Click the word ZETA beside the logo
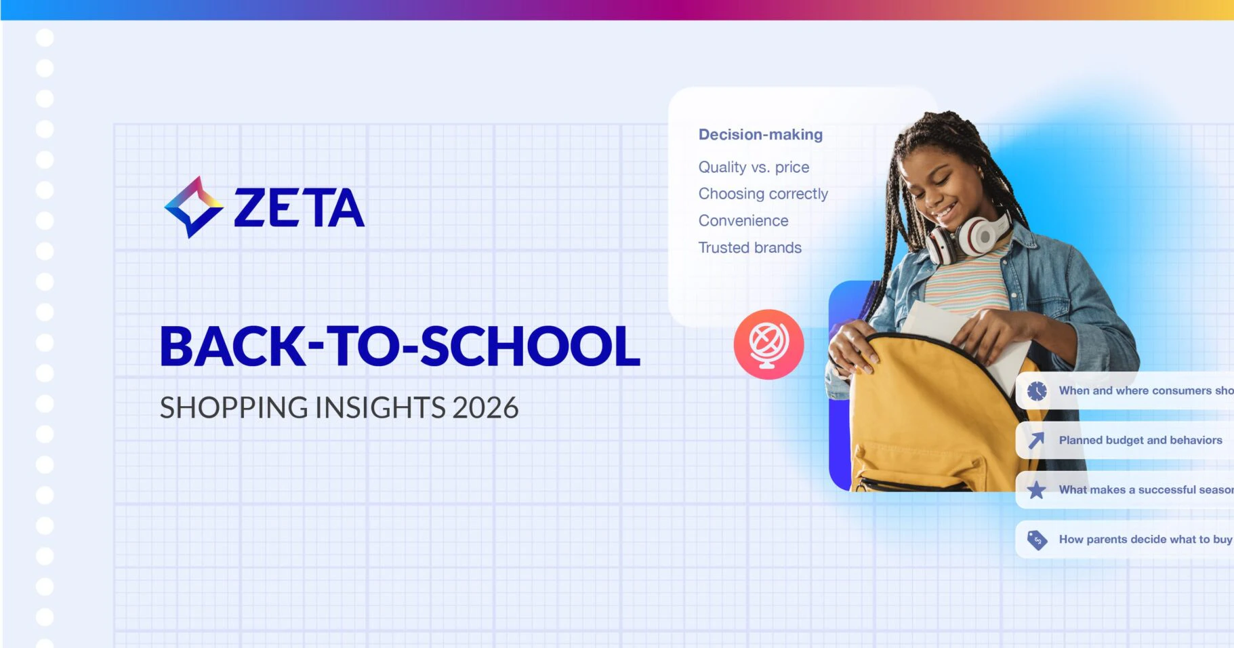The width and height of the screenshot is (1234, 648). pos(300,207)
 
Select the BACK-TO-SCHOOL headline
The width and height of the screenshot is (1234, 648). pos(400,346)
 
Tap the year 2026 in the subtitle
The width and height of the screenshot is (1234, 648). pos(485,408)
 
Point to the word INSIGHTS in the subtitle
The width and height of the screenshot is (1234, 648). pos(380,408)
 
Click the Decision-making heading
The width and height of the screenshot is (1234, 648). pos(760,134)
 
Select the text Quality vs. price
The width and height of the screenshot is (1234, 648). pos(754,167)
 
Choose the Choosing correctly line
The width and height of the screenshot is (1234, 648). pos(763,194)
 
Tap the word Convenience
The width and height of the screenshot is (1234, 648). pos(743,220)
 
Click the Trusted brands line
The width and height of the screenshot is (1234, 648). pos(750,247)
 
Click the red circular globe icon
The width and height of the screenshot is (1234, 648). pos(768,344)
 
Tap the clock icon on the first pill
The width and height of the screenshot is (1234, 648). pos(1037,390)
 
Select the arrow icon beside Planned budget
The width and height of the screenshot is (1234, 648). pos(1036,441)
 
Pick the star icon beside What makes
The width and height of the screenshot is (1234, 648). pos(1036,490)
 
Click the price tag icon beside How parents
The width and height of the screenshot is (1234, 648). pos(1037,540)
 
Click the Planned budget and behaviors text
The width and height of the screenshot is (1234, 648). pos(1140,440)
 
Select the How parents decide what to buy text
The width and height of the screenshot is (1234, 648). pos(1146,540)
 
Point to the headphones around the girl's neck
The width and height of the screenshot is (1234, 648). pos(968,239)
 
